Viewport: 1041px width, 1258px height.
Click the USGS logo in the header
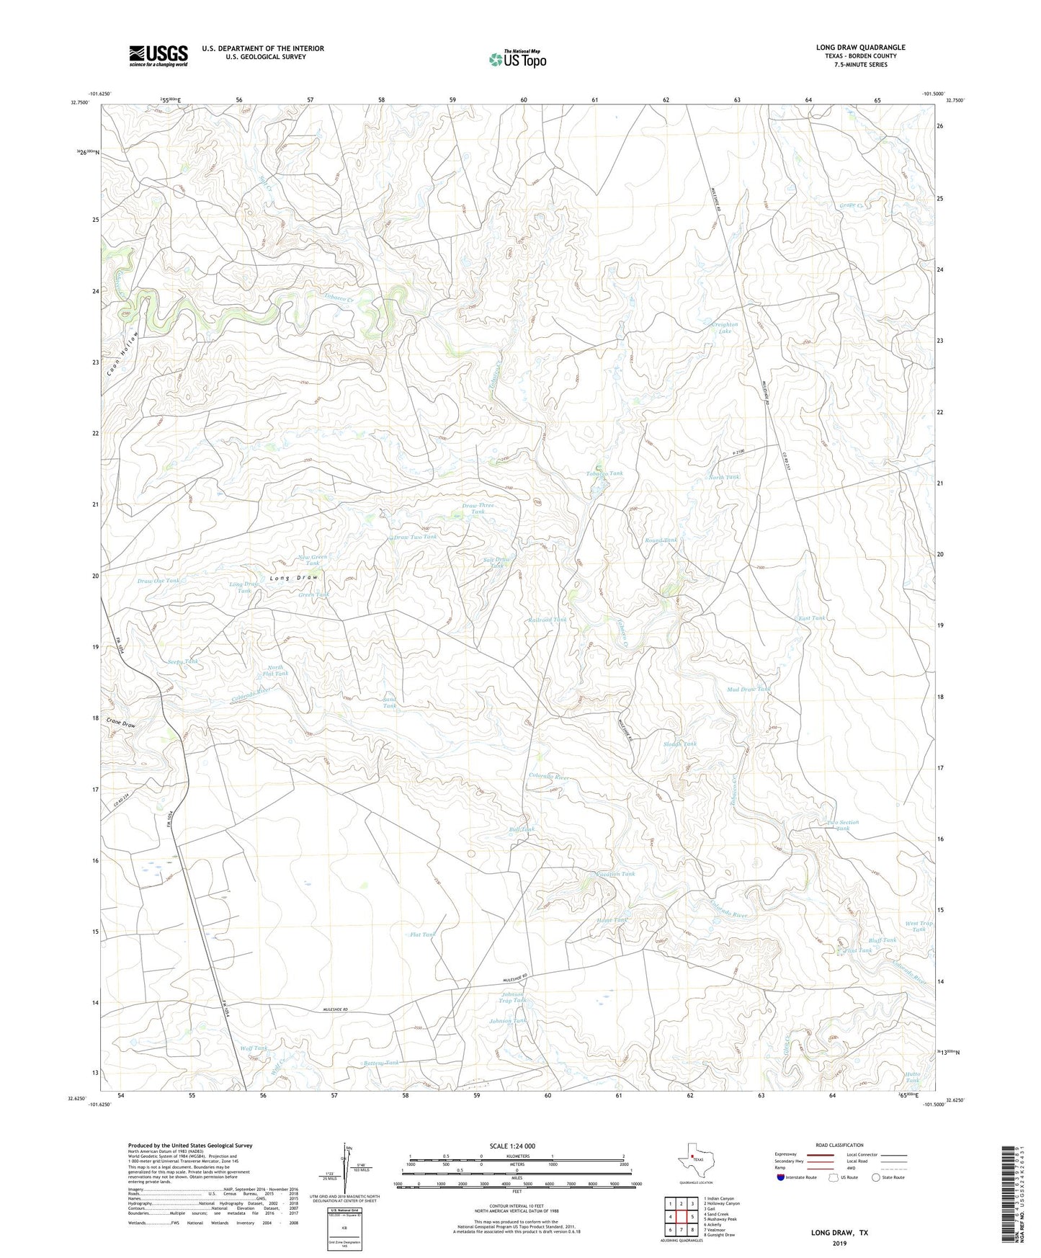(x=158, y=55)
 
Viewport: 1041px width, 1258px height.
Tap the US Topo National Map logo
(x=518, y=58)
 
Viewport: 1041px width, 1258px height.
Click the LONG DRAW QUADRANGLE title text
(x=860, y=48)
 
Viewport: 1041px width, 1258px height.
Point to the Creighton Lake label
(x=724, y=327)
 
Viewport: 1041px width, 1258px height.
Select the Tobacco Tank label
(x=604, y=473)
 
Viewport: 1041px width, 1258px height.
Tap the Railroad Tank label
(x=548, y=620)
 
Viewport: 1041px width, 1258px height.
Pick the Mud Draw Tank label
(x=749, y=689)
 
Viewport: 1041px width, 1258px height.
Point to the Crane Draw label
(x=120, y=723)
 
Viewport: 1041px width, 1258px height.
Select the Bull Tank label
(x=522, y=829)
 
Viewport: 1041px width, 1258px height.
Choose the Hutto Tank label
(x=912, y=1077)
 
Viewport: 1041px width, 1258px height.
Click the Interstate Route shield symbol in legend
(x=782, y=1177)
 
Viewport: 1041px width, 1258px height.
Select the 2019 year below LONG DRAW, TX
(x=839, y=1244)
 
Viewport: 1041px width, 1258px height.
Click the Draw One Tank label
(x=158, y=580)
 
